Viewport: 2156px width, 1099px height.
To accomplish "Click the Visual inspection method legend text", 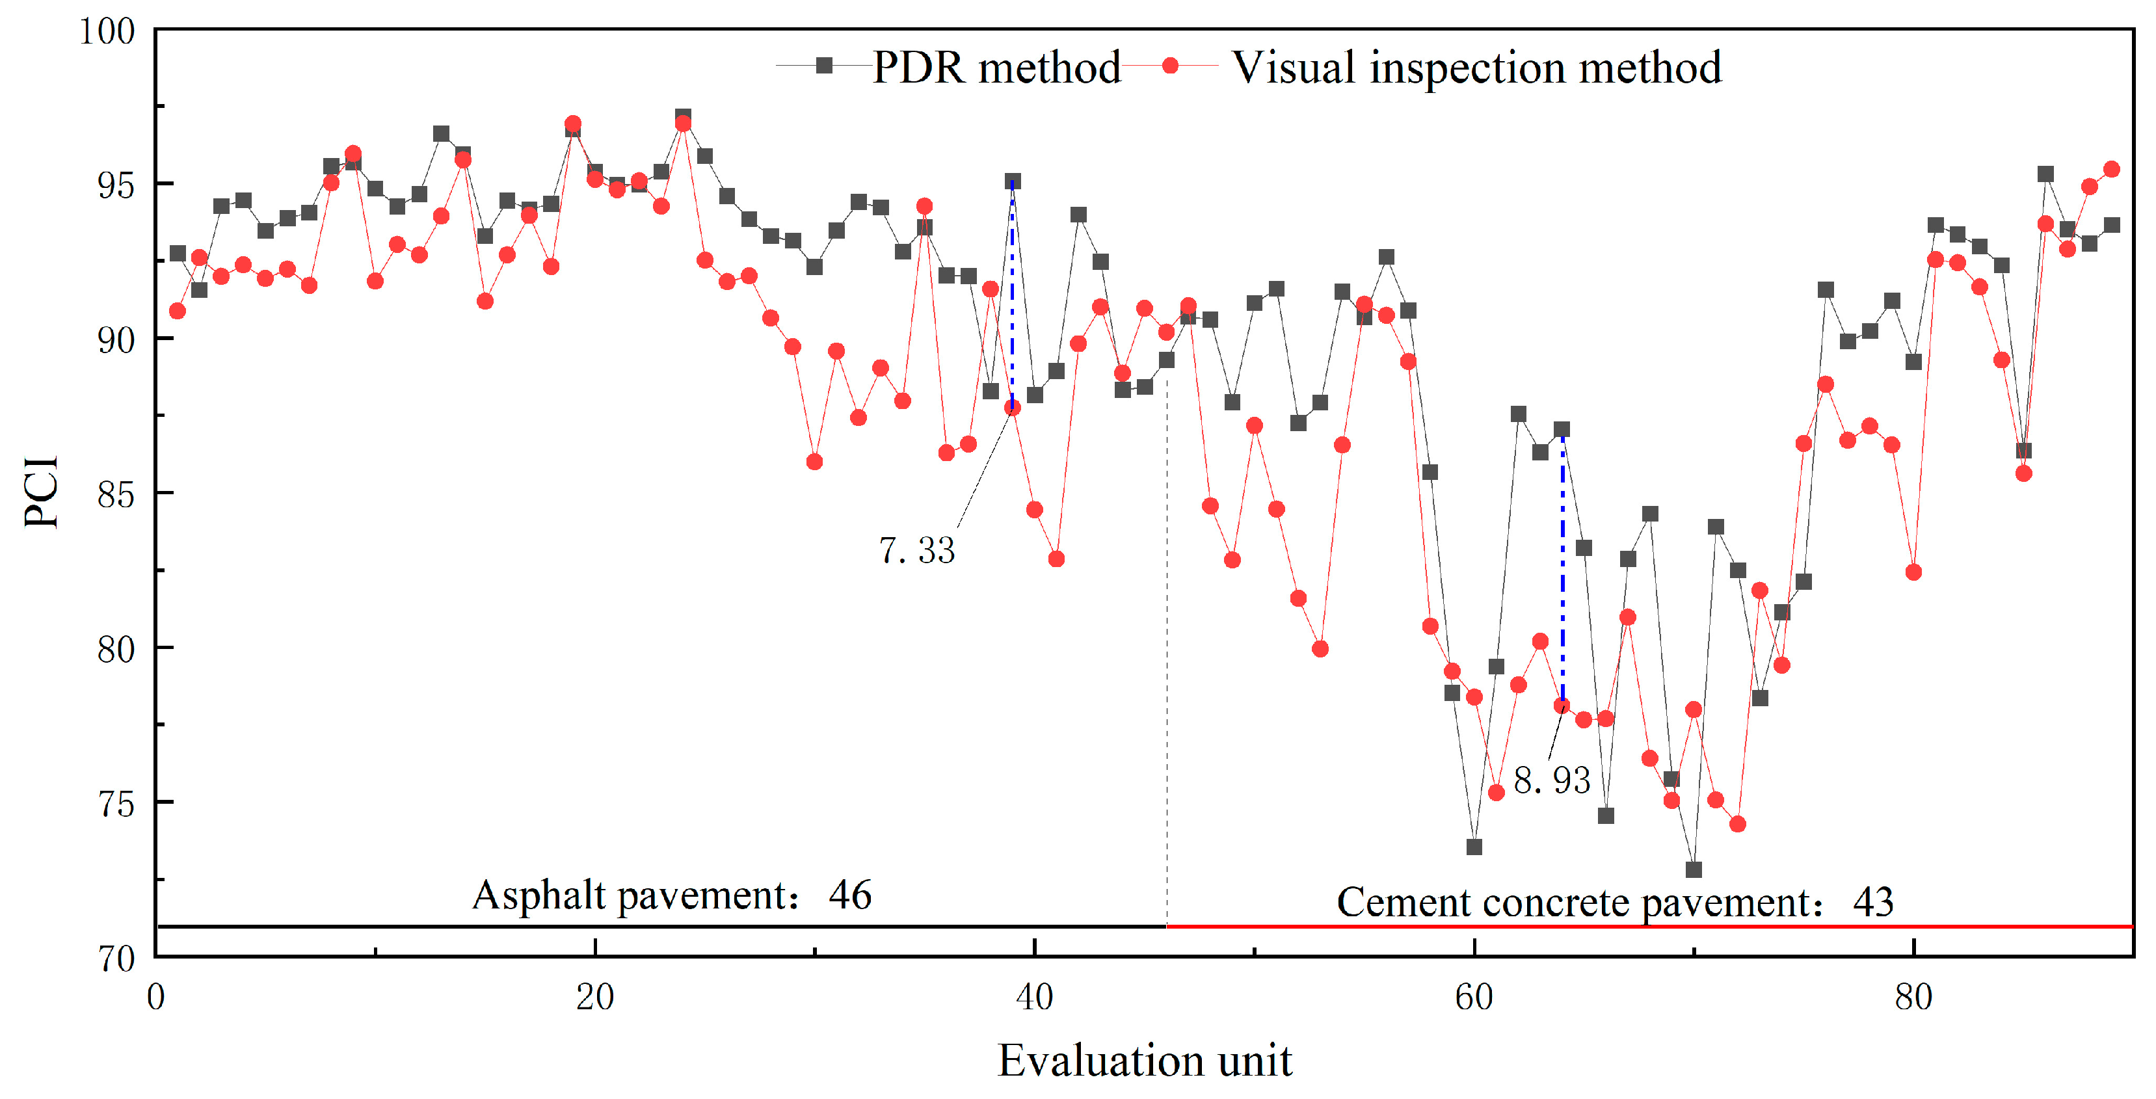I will [1476, 67].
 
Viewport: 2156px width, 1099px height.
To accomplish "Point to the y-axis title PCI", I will [41, 492].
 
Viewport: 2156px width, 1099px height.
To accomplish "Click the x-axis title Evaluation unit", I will [1144, 1061].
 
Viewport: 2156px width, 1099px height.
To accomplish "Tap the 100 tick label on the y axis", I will [106, 31].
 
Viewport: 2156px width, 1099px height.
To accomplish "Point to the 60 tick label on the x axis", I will [1473, 997].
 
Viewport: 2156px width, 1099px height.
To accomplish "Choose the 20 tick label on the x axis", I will [594, 997].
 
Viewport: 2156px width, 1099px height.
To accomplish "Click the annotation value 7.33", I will [916, 551].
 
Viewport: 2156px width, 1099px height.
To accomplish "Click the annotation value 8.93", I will [1551, 780].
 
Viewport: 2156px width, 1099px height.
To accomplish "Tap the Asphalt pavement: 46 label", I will [671, 895].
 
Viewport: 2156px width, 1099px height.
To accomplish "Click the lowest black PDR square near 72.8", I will [1693, 869].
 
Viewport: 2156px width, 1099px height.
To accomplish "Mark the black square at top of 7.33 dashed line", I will [1013, 181].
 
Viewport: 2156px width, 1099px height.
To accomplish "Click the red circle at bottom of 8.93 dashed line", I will [1562, 706].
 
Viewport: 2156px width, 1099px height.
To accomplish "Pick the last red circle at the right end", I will [2112, 169].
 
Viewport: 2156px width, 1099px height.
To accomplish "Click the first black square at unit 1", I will [178, 254].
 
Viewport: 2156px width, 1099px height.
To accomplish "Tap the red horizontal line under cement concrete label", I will [1649, 927].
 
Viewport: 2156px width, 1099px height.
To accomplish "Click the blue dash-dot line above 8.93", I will [1562, 569].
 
